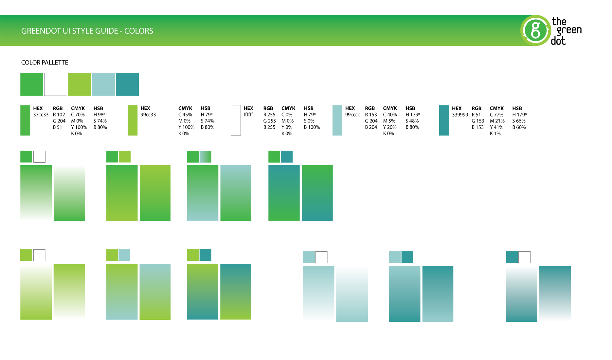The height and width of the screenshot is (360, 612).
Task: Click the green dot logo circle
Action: (x=535, y=30)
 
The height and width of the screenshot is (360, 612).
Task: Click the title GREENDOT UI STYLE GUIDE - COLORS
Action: (x=87, y=31)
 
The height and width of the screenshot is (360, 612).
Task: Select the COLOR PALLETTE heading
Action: (x=45, y=63)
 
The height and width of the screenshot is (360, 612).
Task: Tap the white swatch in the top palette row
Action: (x=56, y=84)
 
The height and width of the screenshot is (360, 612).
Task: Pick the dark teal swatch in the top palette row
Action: (x=127, y=84)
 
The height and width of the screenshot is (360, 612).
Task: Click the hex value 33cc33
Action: (x=41, y=115)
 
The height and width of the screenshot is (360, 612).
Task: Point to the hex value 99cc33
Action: (x=148, y=115)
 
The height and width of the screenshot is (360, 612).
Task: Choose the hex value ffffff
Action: (x=248, y=115)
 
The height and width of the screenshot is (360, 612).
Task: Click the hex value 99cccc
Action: (x=352, y=115)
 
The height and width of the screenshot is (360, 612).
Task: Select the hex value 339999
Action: (x=460, y=115)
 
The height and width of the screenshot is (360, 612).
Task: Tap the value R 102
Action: (x=59, y=115)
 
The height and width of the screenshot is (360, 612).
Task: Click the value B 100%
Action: (x=312, y=127)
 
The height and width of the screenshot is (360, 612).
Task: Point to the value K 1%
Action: (x=495, y=134)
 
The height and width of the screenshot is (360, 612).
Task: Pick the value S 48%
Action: (x=412, y=121)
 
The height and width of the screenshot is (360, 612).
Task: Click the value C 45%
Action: (x=185, y=115)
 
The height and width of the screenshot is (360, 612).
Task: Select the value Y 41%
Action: (x=496, y=127)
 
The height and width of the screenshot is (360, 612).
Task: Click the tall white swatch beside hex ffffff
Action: (x=236, y=120)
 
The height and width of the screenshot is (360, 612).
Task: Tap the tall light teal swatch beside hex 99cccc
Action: (x=337, y=120)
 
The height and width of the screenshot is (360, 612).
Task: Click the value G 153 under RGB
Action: (x=477, y=121)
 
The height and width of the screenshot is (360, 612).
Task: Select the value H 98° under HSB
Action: (x=99, y=115)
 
